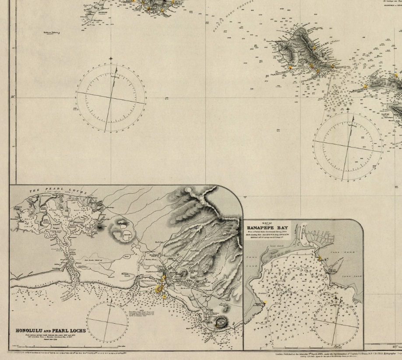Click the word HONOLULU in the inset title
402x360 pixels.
point(33,330)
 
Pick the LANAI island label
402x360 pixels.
point(386,114)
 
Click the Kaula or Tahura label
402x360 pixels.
point(52,32)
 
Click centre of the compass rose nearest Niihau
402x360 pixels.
point(111,98)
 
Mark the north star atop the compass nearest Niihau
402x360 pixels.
point(111,58)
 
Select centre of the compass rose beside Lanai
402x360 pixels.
point(348,146)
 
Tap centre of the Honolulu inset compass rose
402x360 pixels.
point(107,323)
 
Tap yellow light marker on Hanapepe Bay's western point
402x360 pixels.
point(264,302)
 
